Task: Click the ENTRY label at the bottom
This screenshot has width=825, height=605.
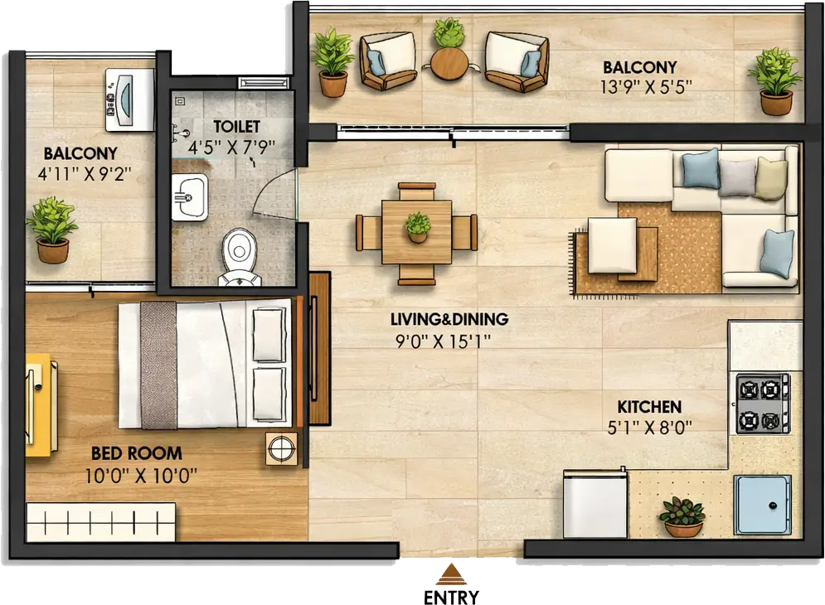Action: click(x=451, y=597)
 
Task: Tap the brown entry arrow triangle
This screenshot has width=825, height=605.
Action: click(x=451, y=574)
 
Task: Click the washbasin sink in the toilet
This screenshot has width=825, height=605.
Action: click(x=189, y=197)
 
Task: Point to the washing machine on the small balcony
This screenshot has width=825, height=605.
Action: click(x=130, y=99)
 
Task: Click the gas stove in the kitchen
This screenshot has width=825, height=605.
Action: click(x=763, y=404)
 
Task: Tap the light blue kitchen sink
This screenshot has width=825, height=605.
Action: click(x=762, y=505)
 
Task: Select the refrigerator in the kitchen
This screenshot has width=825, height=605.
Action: click(x=595, y=504)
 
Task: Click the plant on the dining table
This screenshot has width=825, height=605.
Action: click(x=418, y=227)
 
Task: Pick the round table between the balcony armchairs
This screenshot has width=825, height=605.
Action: click(x=449, y=63)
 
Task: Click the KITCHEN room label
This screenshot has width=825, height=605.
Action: click(x=649, y=407)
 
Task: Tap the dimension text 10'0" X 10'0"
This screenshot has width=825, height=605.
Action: click(x=141, y=476)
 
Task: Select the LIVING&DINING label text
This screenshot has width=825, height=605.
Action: click(x=449, y=319)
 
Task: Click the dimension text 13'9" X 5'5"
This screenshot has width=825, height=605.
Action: click(x=646, y=87)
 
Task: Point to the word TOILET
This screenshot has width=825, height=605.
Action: click(x=237, y=126)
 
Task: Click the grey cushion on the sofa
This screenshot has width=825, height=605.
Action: click(x=737, y=178)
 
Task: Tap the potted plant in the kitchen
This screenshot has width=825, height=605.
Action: click(x=682, y=516)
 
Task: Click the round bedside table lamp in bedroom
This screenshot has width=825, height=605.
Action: click(x=281, y=448)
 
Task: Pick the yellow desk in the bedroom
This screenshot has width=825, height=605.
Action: click(x=41, y=404)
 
